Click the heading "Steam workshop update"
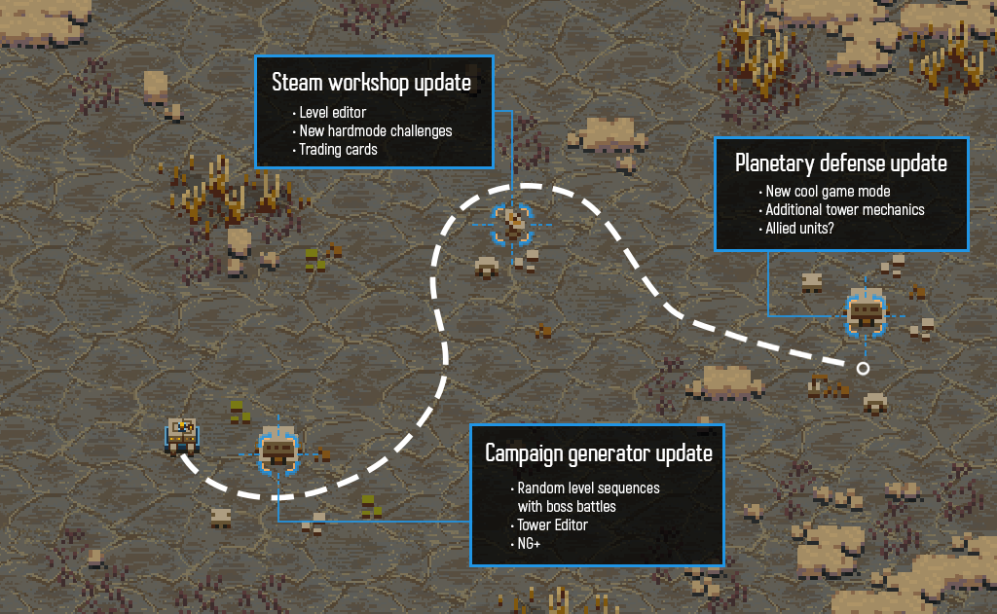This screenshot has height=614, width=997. pyautogui.click(x=371, y=83)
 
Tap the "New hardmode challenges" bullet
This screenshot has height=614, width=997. pyautogui.click(x=375, y=131)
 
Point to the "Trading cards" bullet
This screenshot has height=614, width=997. pyautogui.click(x=337, y=150)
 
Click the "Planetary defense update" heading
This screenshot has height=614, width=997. pyautogui.click(x=841, y=163)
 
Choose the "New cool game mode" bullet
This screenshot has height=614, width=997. pyautogui.click(x=828, y=192)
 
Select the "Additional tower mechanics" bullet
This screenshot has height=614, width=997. pyautogui.click(x=844, y=210)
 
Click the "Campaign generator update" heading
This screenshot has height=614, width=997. pyautogui.click(x=599, y=453)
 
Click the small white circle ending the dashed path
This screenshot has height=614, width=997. pyautogui.click(x=863, y=368)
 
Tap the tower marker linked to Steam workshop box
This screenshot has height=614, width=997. pyautogui.click(x=513, y=225)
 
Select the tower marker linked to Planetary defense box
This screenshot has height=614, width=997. pyautogui.click(x=865, y=313)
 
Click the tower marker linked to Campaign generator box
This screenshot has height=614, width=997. pyautogui.click(x=278, y=451)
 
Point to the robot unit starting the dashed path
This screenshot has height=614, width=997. pyautogui.click(x=182, y=435)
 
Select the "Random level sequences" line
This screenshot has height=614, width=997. pyautogui.click(x=588, y=488)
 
